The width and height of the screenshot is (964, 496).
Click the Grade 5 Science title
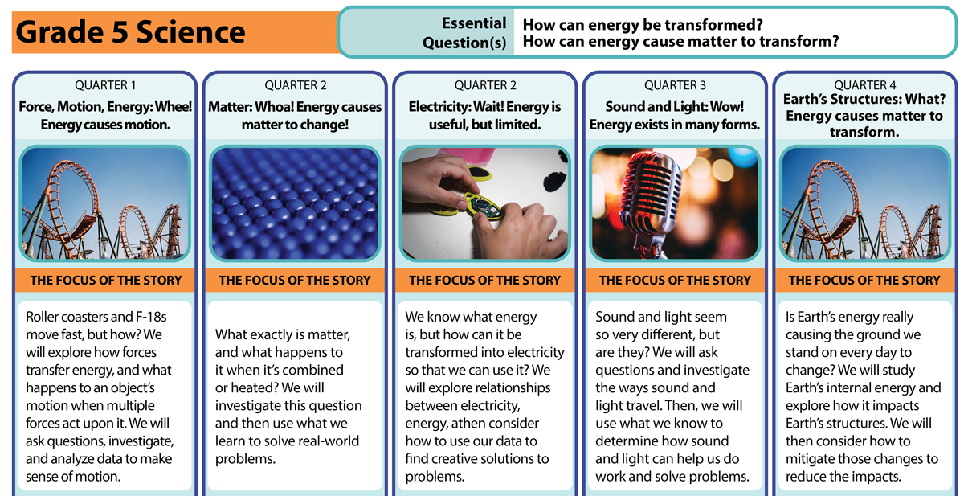coord(130,32)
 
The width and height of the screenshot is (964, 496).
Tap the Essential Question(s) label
coord(464,33)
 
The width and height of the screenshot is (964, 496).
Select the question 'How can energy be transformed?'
coord(643,25)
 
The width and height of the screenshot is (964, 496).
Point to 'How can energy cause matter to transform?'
coord(681,41)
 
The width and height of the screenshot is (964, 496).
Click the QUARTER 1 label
coord(105,85)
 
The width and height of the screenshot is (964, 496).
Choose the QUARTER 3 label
coord(675,85)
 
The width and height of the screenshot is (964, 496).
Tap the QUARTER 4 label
coord(865,85)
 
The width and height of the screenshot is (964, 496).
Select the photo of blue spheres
coord(295,203)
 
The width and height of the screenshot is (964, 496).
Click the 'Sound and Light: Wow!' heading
coord(674,106)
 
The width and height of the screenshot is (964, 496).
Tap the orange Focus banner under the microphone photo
coord(675,281)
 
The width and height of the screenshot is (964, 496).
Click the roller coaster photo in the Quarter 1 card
coord(105,203)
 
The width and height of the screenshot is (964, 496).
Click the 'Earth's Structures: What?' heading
coord(864,99)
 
